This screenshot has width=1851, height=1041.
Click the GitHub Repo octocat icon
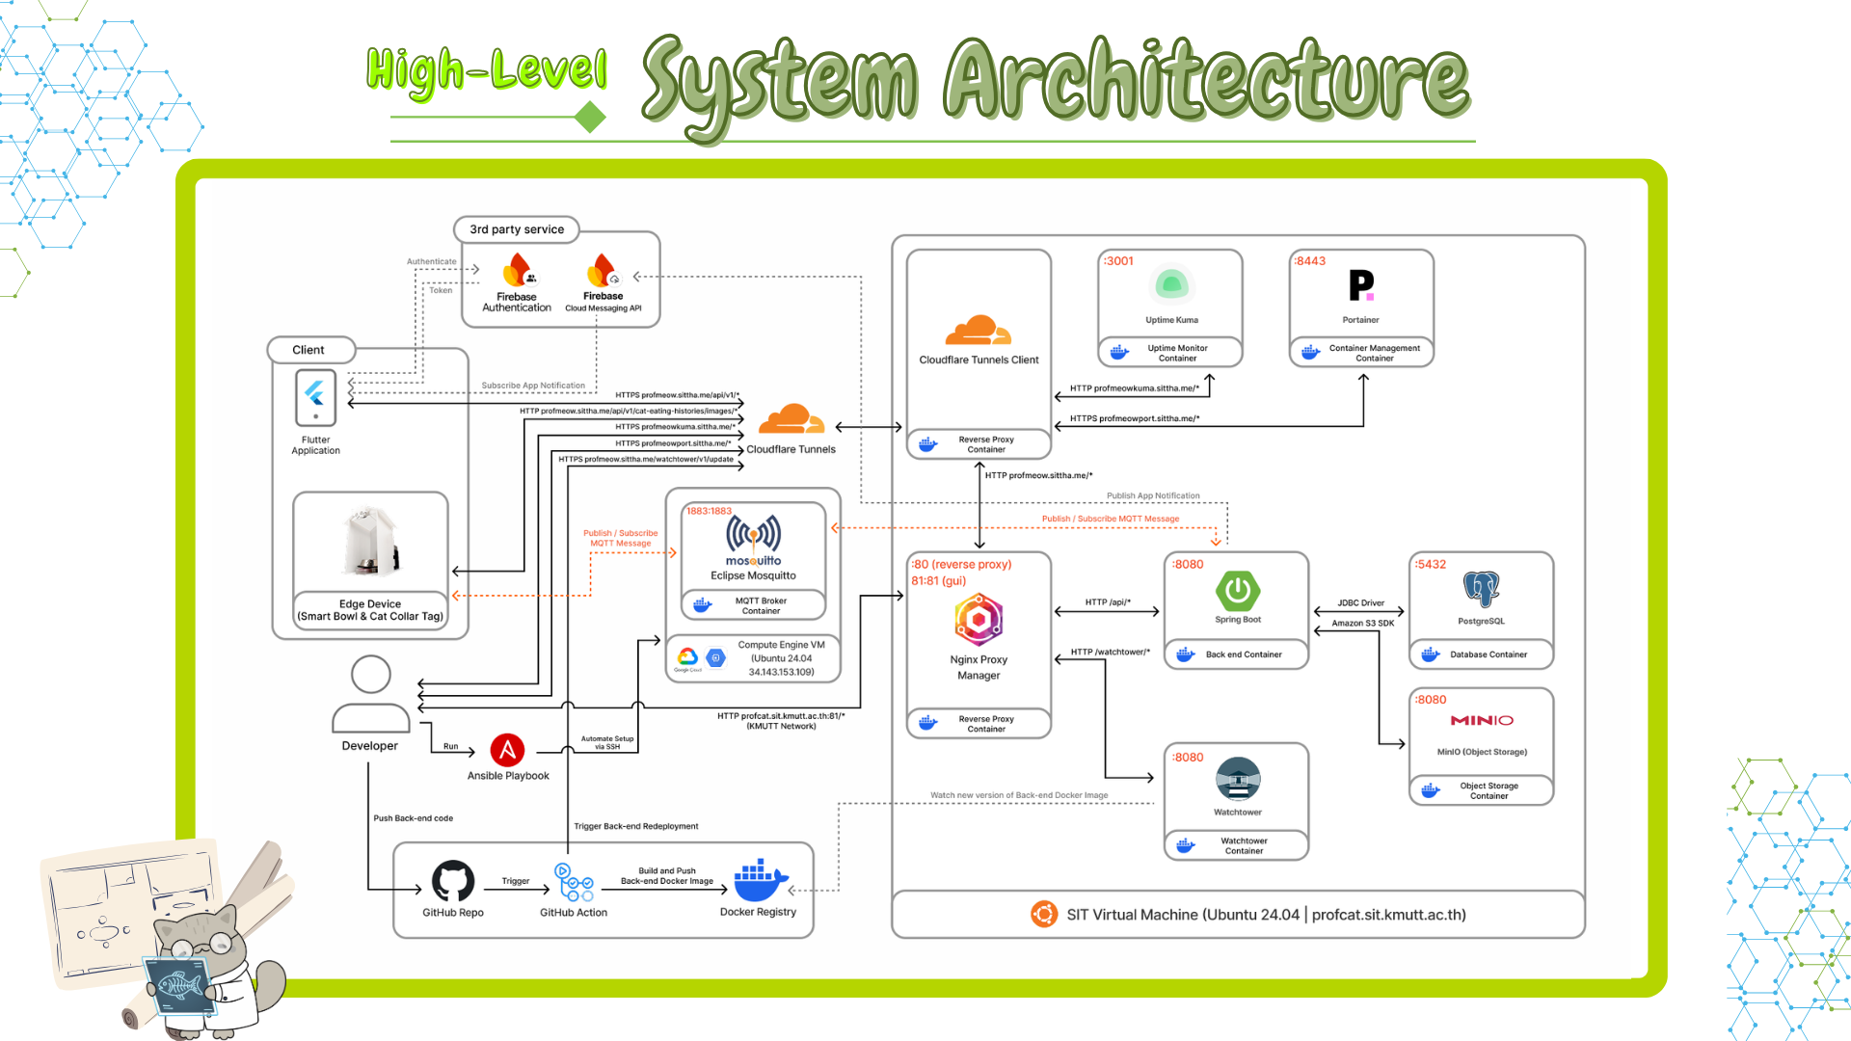tap(453, 880)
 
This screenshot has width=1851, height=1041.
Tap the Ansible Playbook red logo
tap(507, 750)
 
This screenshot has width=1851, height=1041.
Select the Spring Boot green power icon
tap(1238, 591)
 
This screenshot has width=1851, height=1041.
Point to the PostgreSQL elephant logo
tap(1481, 589)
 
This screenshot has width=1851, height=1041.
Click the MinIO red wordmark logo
tap(1482, 720)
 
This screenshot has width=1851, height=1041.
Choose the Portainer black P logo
tap(1361, 285)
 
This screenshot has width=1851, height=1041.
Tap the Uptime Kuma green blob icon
tap(1172, 284)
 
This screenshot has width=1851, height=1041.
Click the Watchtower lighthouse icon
tap(1238, 779)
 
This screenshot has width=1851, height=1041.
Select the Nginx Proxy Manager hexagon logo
tap(979, 620)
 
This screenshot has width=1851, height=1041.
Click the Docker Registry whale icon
tap(760, 880)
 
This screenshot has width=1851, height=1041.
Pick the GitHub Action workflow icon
tap(574, 882)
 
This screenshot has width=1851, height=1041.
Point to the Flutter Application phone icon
tap(315, 397)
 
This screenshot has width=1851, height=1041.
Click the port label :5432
tap(1431, 565)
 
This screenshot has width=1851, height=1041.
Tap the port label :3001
tap(1119, 261)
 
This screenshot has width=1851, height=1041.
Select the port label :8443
tap(1311, 261)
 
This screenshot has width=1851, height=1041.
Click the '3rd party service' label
tap(517, 229)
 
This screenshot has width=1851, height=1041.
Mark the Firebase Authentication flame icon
tap(518, 271)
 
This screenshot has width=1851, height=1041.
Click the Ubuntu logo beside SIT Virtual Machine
tap(1043, 914)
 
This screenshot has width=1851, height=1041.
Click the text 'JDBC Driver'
tap(1360, 603)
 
